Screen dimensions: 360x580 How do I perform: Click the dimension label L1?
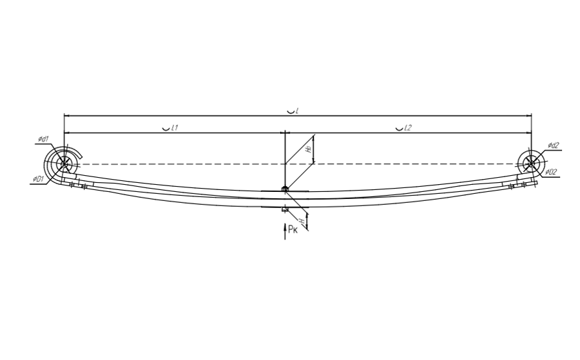(174, 128)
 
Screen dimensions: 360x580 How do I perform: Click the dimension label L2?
(407, 128)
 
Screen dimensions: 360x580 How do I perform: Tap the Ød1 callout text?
(43, 139)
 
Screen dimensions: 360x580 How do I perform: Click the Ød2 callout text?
(553, 146)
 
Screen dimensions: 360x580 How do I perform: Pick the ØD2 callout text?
(551, 171)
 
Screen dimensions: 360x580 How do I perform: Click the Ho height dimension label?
(309, 149)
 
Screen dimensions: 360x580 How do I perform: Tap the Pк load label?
(293, 228)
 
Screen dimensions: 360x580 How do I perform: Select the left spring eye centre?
(63, 164)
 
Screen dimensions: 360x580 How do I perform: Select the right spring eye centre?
(530, 164)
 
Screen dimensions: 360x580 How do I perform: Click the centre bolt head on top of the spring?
(284, 189)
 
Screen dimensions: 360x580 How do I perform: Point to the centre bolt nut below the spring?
(284, 209)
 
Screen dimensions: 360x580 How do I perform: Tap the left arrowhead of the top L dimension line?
(66, 116)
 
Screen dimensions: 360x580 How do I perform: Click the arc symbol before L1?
(166, 128)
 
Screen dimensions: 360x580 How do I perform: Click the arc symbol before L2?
(399, 128)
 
